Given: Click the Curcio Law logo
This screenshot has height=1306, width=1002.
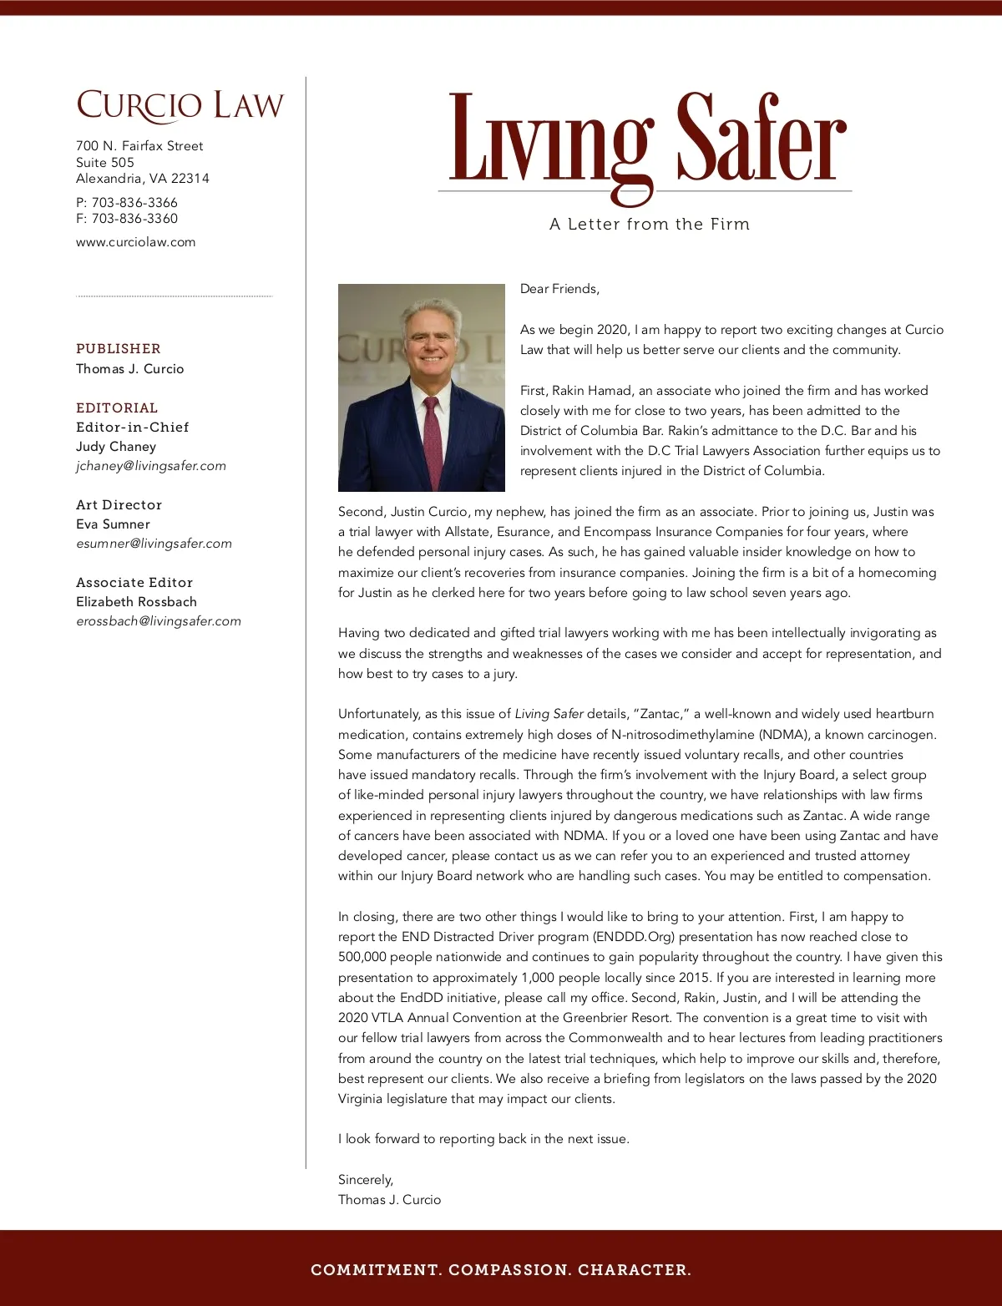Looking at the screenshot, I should (x=180, y=106).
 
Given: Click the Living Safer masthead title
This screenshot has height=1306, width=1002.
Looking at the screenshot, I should (x=648, y=140).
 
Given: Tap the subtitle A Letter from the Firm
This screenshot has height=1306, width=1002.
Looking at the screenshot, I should (x=650, y=224).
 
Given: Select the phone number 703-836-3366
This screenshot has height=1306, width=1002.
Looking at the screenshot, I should (x=134, y=203).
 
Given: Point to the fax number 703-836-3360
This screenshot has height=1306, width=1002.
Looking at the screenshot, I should (x=134, y=219).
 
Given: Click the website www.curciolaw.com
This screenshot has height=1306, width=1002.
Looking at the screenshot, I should (x=135, y=242).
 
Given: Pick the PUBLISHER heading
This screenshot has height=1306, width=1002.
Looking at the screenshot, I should (x=118, y=349).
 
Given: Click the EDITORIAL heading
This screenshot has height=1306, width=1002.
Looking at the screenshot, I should (x=117, y=408).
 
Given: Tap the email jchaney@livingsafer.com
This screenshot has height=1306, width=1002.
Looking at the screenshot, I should (x=151, y=466).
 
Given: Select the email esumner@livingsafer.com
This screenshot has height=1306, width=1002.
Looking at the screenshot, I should (x=154, y=544).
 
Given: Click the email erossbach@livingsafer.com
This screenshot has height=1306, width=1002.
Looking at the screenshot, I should (x=159, y=621).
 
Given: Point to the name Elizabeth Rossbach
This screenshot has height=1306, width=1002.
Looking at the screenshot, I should (x=136, y=602).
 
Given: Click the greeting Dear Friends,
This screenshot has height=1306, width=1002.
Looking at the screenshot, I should (x=559, y=289).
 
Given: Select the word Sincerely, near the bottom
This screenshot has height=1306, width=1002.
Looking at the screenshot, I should (x=365, y=1180).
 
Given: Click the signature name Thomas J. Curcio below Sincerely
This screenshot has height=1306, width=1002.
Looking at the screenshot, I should (x=389, y=1200).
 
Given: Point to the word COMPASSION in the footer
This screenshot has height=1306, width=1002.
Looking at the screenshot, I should (x=509, y=1270).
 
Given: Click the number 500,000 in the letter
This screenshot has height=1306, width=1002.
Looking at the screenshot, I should (x=362, y=957).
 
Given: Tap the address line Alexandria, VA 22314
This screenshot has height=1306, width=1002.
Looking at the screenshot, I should (x=143, y=179).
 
